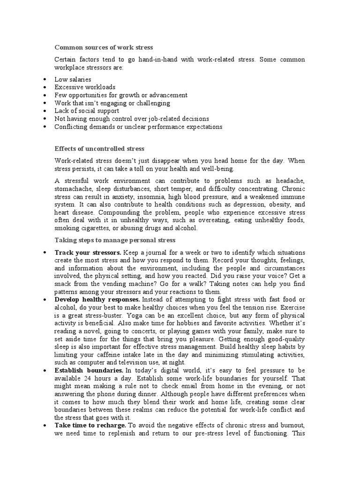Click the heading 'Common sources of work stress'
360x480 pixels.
[x=104, y=47]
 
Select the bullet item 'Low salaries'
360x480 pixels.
[x=73, y=79]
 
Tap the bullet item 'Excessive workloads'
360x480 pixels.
[x=85, y=87]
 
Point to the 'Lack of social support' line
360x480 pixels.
[x=87, y=111]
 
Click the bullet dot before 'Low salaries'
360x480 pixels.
[x=44, y=80]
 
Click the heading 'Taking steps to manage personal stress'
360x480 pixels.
[x=115, y=240]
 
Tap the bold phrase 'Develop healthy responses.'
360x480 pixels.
[x=97, y=299]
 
